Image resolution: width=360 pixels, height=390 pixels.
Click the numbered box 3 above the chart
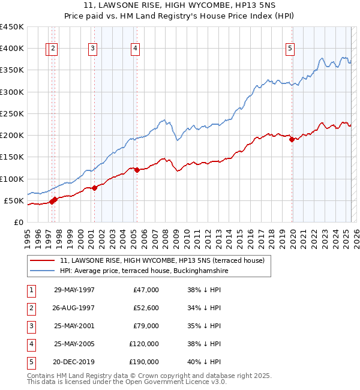pyautogui.click(x=93, y=49)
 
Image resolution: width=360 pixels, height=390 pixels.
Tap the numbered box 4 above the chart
pyautogui.click(x=136, y=49)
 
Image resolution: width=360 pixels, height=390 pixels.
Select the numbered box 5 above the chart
pyautogui.click(x=290, y=49)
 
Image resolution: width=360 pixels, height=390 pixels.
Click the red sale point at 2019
pyautogui.click(x=292, y=140)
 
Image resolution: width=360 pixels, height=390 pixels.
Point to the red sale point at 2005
pyautogui.click(x=137, y=170)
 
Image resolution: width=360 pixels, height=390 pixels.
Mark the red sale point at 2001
pyautogui.click(x=94, y=188)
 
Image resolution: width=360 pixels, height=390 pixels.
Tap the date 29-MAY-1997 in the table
pyautogui.click(x=74, y=290)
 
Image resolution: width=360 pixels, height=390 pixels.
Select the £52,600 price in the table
pyautogui.click(x=144, y=308)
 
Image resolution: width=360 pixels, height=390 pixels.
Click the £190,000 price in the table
pyautogui.click(x=144, y=362)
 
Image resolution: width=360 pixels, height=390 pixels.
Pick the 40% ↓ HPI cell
pyautogui.click(x=204, y=362)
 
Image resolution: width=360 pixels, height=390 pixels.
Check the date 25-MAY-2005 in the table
pyautogui.click(x=74, y=344)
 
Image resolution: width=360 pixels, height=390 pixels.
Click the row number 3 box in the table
pyautogui.click(x=30, y=326)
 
